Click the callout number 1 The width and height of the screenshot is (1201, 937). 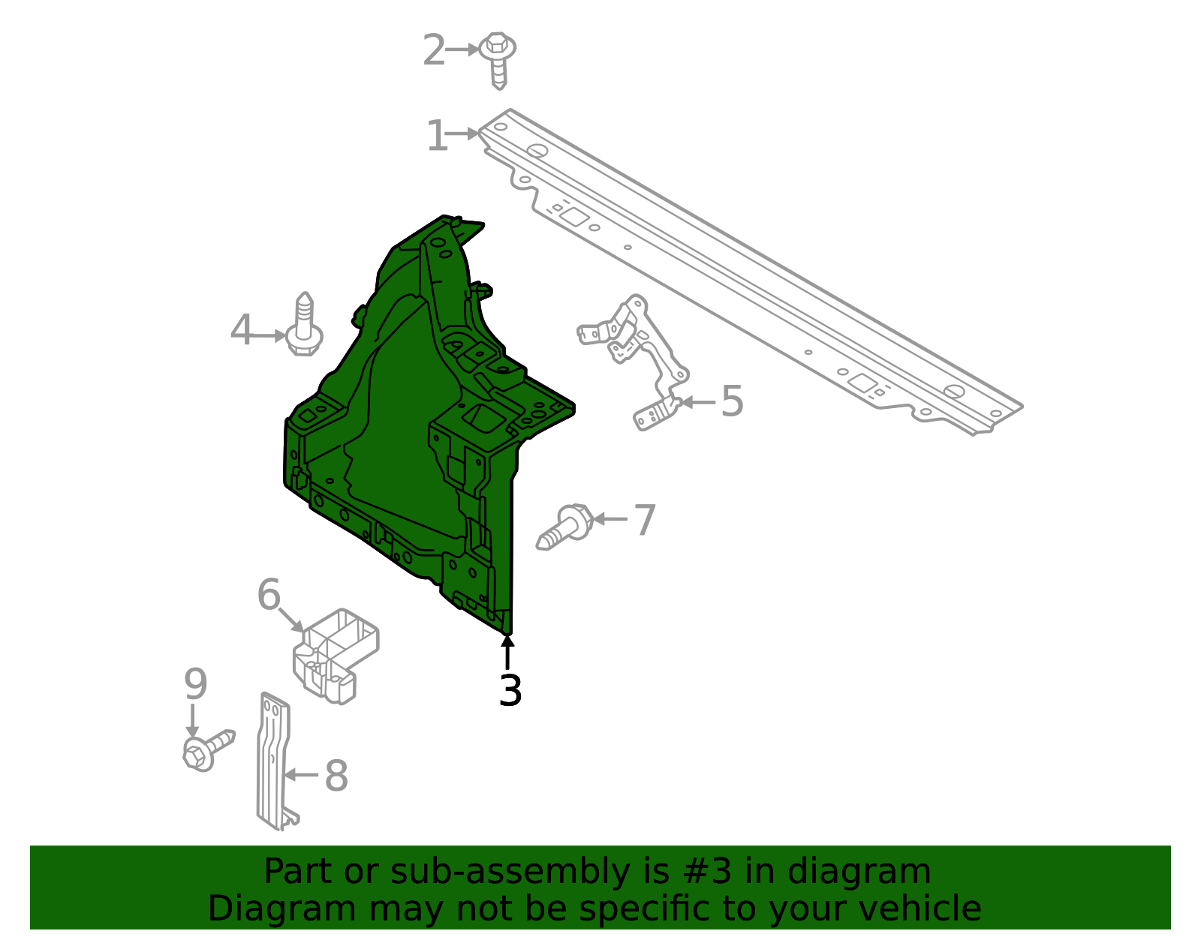pyautogui.click(x=437, y=135)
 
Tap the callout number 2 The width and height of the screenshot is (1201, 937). pyautogui.click(x=434, y=50)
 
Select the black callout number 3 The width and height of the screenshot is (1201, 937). pyautogui.click(x=510, y=690)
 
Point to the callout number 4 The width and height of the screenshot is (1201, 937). pyautogui.click(x=241, y=329)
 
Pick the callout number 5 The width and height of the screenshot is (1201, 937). pyautogui.click(x=733, y=401)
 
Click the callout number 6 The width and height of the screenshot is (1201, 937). pyautogui.click(x=269, y=595)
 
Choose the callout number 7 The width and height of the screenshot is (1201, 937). pyautogui.click(x=645, y=520)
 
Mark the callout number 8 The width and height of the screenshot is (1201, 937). pyautogui.click(x=336, y=775)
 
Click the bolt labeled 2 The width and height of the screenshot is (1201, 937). pyautogui.click(x=498, y=59)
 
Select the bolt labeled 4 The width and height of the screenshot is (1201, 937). pyautogui.click(x=304, y=326)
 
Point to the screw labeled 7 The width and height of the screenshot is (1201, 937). pyautogui.click(x=564, y=527)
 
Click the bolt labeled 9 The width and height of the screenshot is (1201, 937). pyautogui.click(x=208, y=749)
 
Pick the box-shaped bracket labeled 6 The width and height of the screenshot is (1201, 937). pyautogui.click(x=335, y=656)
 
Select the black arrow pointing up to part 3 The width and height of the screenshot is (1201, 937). pyautogui.click(x=507, y=652)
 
